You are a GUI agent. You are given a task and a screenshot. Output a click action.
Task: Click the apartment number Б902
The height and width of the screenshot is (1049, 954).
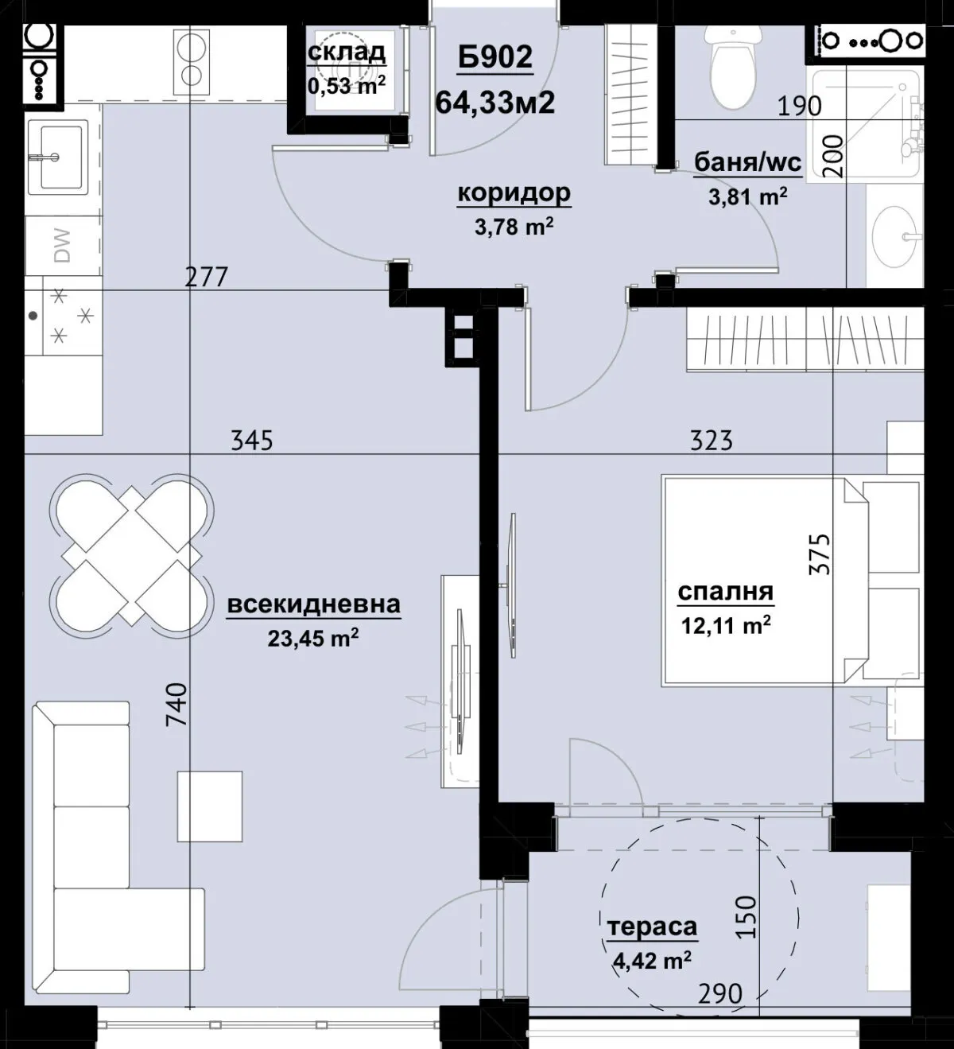[495, 56]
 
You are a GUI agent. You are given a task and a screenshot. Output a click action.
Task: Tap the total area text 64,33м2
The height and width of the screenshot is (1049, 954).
[495, 102]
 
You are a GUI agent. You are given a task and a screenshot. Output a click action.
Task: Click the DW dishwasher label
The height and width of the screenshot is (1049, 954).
[62, 245]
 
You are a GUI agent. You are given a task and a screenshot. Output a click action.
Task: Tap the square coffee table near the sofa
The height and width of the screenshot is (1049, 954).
[210, 806]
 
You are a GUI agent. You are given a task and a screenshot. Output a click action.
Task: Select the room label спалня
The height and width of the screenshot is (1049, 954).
[726, 592]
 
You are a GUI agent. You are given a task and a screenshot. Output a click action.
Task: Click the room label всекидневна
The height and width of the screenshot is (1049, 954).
[314, 604]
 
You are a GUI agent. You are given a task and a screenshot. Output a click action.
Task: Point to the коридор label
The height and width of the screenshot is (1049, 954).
[514, 193]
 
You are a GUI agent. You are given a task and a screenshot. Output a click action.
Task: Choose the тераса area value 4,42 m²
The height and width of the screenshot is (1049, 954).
[653, 960]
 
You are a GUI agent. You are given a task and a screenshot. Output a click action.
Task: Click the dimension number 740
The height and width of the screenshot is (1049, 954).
[176, 704]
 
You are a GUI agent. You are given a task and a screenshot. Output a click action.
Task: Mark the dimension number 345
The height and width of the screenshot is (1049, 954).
[252, 441]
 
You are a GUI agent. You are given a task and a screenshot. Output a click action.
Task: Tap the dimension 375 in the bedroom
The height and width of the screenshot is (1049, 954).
[819, 554]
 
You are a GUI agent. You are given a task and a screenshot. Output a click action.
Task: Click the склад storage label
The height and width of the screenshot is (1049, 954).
[347, 52]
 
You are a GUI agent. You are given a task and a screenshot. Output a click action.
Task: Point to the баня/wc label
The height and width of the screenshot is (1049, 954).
[747, 162]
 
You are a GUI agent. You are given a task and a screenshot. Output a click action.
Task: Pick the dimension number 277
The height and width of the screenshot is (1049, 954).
[207, 277]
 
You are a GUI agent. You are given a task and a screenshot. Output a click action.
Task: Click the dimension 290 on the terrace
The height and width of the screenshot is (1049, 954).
[720, 994]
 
